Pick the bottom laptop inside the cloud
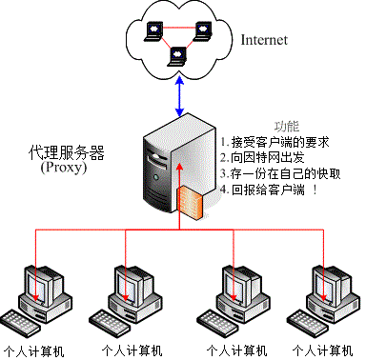tap(176, 58)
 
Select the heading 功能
tap(287, 126)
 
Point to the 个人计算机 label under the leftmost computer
tap(34, 350)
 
